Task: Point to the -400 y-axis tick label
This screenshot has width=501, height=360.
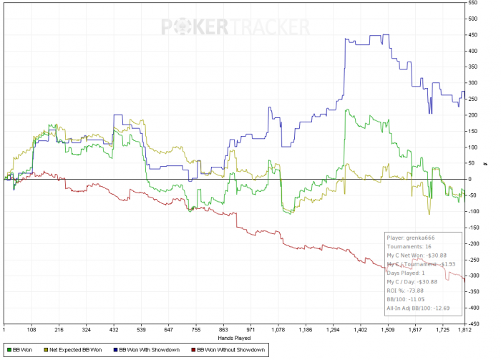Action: pos(474,308)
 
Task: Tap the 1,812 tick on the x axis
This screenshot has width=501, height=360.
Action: pos(464,331)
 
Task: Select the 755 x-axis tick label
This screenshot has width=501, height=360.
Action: pos(195,331)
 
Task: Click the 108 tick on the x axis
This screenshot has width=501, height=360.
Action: pos(31,331)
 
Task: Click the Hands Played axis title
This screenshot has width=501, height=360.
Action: pos(233,337)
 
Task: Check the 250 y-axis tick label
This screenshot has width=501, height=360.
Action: pos(472,99)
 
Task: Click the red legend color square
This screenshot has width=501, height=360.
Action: pos(193,350)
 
